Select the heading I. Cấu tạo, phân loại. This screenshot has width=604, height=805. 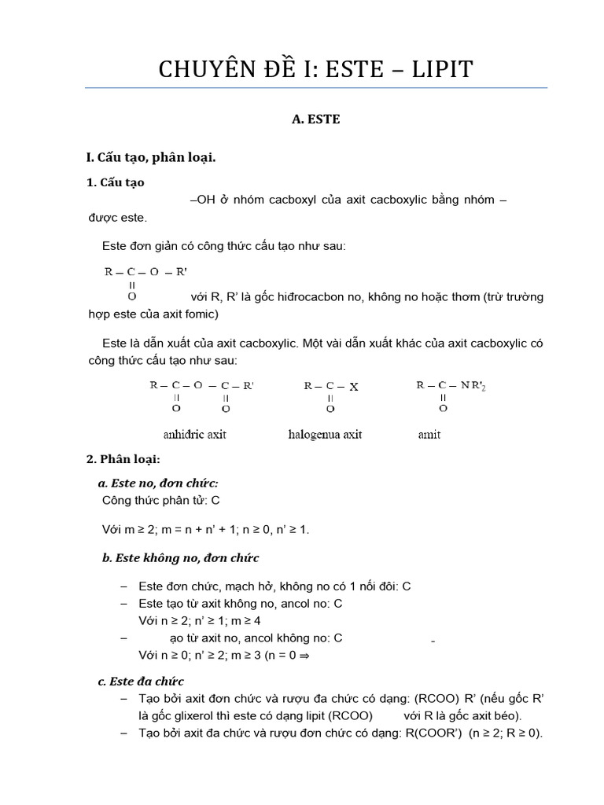(x=151, y=157)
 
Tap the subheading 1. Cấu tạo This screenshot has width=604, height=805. (x=116, y=182)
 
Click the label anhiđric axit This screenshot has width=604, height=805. (x=194, y=435)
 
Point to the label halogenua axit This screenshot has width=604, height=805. (x=325, y=435)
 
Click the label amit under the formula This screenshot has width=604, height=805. (x=429, y=435)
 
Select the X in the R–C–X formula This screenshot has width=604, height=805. (x=354, y=386)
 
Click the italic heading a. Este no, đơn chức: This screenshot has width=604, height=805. (x=158, y=483)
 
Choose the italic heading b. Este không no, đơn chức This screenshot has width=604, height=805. (x=180, y=557)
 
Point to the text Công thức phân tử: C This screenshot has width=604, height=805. (x=161, y=500)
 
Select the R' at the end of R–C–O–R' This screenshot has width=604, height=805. (x=181, y=272)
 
